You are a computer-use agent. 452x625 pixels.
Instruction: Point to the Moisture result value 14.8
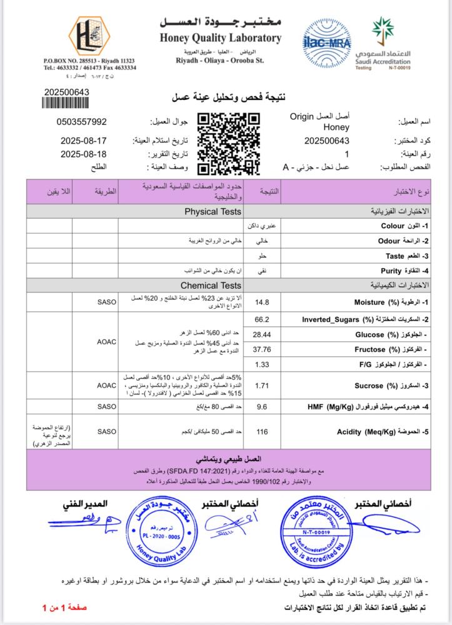point(263,302)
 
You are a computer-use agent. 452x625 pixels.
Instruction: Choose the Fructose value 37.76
point(263,349)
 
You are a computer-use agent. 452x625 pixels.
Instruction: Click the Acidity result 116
point(263,431)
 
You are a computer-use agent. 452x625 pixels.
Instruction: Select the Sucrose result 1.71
point(263,386)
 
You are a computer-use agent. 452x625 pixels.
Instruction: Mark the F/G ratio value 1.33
point(263,364)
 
